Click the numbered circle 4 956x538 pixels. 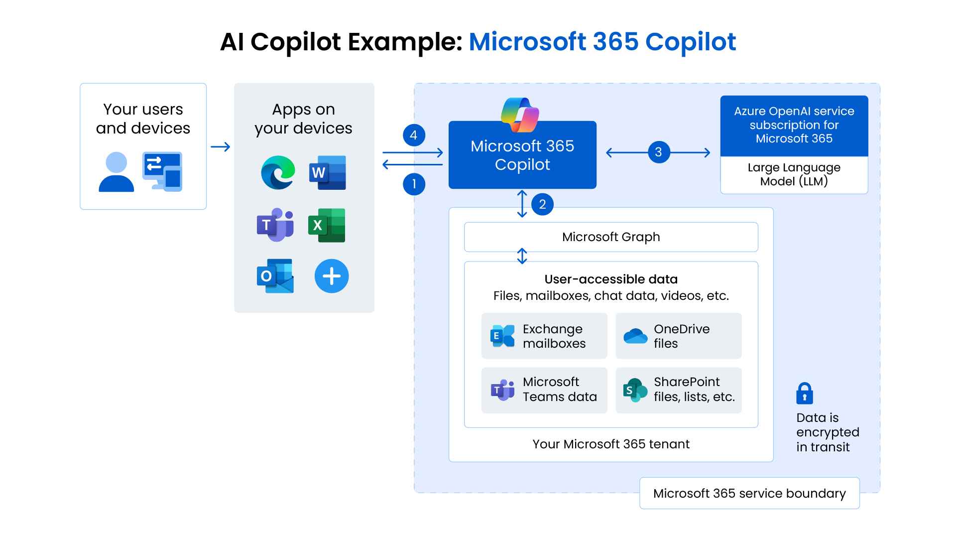point(414,135)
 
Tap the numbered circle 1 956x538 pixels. point(414,184)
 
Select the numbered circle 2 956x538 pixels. point(542,204)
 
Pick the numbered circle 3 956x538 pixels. point(659,152)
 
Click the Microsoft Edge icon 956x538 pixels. point(278,172)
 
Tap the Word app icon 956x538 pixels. point(327,172)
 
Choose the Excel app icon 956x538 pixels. point(327,225)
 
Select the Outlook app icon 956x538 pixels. point(275,275)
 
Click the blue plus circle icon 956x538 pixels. point(332,275)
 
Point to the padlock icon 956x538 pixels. point(805,393)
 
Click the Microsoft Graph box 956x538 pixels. point(611,237)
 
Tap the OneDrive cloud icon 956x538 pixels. point(635,336)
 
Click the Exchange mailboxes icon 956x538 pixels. point(502,336)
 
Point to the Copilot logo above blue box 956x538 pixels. point(520,115)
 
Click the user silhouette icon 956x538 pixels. point(117,172)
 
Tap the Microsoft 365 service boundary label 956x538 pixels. point(749,493)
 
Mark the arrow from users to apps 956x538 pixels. point(220,147)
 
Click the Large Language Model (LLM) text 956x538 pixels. point(794,174)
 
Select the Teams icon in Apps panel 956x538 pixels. point(275,225)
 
